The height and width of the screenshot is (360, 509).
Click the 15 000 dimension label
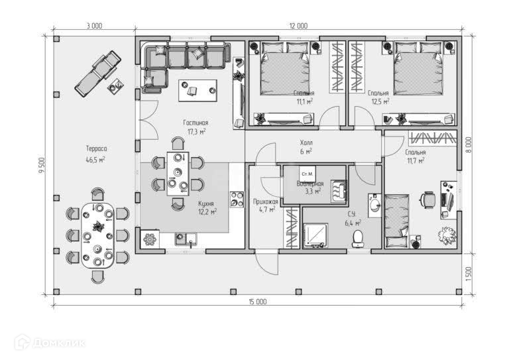(x=258, y=302)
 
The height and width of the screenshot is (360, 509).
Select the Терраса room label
(x=95, y=150)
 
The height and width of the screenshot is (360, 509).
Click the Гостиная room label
(x=196, y=123)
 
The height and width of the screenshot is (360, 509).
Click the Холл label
(x=306, y=143)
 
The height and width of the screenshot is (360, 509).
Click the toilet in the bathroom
(x=359, y=237)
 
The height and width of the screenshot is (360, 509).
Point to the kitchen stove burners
(x=237, y=200)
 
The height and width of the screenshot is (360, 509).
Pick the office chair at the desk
(x=428, y=199)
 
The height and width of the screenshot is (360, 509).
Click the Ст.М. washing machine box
(x=306, y=174)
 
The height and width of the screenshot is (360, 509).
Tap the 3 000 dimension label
(x=93, y=27)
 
